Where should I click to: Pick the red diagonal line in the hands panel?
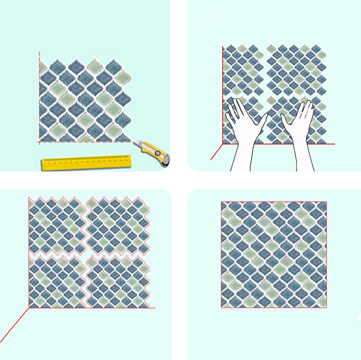216,152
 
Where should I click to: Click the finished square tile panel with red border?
274,254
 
